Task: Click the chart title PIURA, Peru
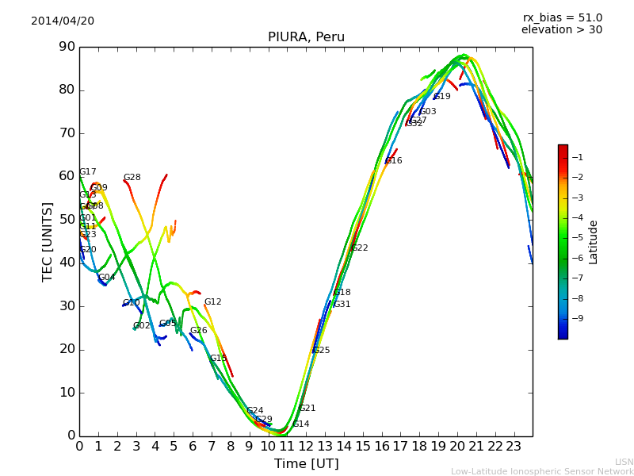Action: point(306,37)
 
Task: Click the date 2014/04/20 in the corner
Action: point(63,21)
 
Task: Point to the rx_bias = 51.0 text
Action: point(562,17)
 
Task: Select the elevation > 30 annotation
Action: point(561,30)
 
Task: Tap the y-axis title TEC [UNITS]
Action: point(48,241)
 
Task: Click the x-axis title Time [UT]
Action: point(306,464)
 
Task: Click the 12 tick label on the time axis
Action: point(306,447)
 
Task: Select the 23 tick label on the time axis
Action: point(514,447)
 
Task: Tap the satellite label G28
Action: point(132,178)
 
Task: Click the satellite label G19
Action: point(441,97)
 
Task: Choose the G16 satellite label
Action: point(393,161)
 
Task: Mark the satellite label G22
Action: point(359,248)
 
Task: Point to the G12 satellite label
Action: point(212,302)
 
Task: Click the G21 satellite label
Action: point(307,409)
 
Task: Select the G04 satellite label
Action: point(106,278)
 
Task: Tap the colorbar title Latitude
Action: point(594,242)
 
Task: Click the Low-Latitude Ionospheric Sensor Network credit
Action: point(542,471)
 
